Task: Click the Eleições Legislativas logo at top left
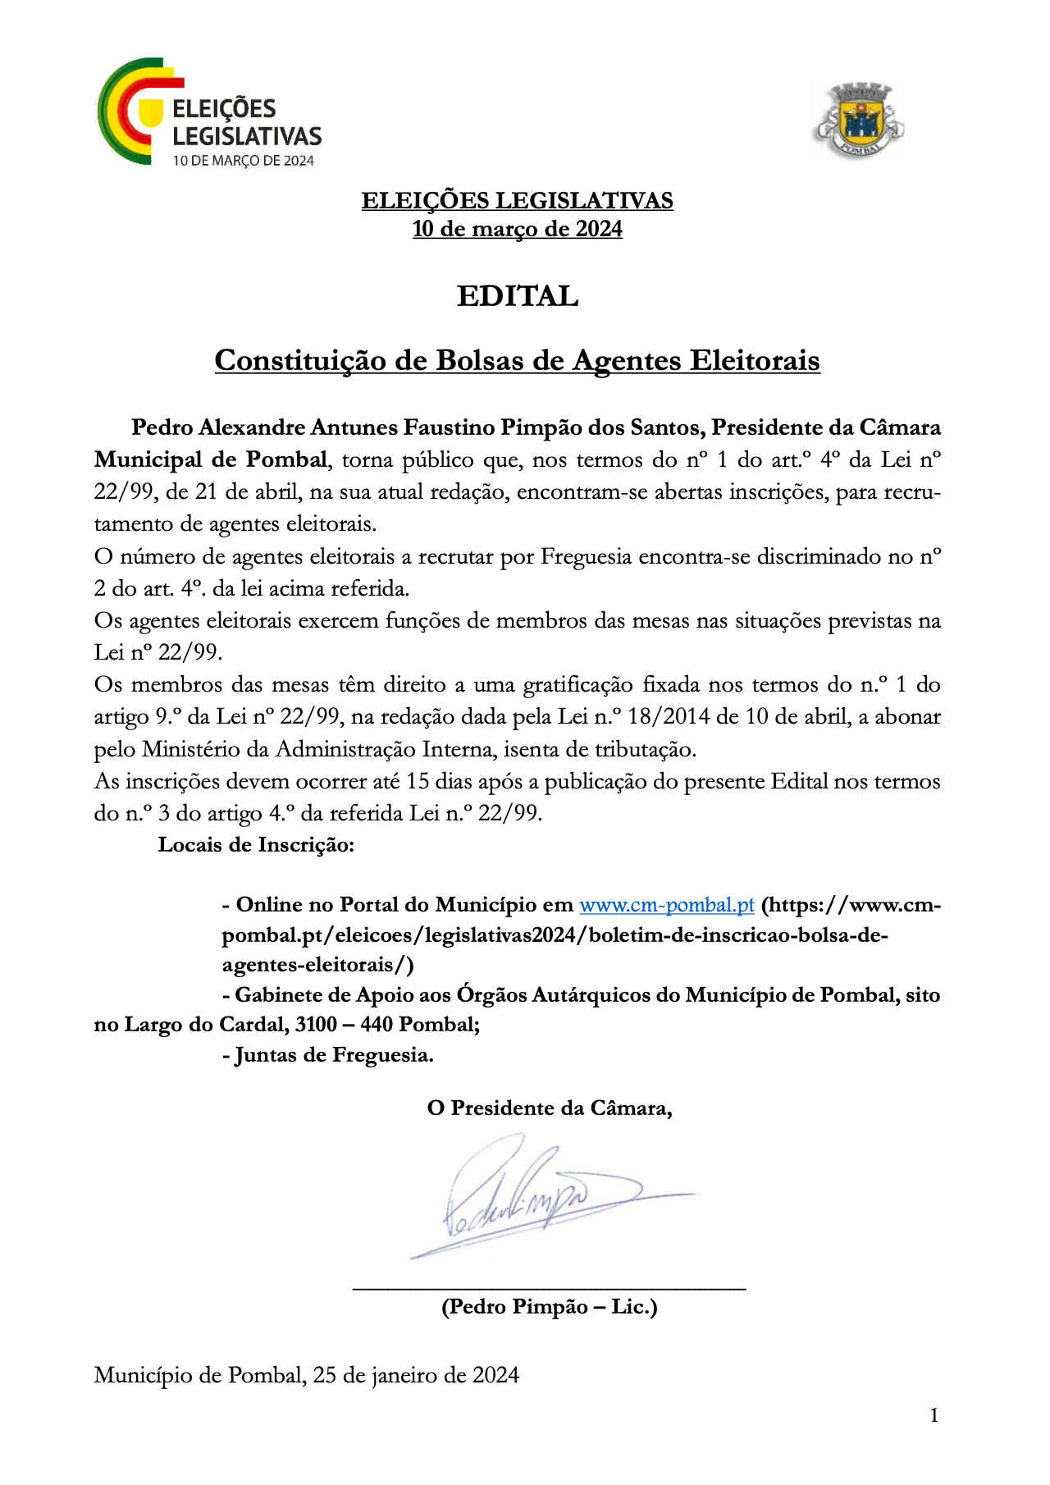point(209,113)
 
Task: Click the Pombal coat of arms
point(858,121)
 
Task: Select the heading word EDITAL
point(518,296)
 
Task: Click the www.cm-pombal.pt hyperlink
point(666,905)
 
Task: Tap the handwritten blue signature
point(541,1198)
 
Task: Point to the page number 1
point(934,1415)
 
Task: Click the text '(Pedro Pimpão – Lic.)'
point(550,1306)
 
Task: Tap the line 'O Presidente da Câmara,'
point(550,1108)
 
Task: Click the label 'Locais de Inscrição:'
point(256,844)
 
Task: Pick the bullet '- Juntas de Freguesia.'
point(328,1054)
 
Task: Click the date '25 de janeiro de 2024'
point(416,1375)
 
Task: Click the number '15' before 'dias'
point(418,781)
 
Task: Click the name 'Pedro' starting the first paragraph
point(162,427)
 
